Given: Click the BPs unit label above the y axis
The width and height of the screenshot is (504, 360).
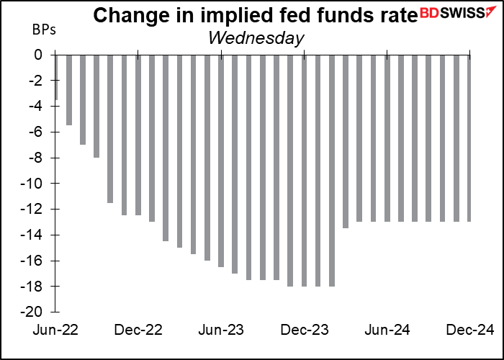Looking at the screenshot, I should click(42, 31).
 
